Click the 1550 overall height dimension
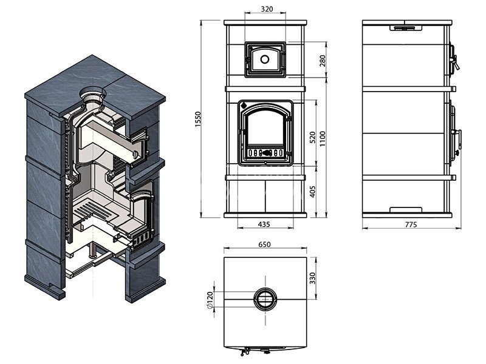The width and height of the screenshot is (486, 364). pos(198,119)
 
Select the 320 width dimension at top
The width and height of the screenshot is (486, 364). pos(267,9)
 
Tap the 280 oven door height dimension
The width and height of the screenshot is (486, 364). pos(323,61)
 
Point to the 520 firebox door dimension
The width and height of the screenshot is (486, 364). pos(312,137)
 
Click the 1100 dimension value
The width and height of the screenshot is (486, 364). pos(323,138)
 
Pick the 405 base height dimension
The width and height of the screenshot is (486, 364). pos(312,192)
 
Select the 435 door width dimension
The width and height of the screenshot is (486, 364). pos(264,224)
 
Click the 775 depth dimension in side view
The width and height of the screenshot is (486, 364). pos(411,224)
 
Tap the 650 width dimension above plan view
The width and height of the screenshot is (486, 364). pos(264,244)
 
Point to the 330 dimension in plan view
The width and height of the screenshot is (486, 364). pos(312,278)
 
